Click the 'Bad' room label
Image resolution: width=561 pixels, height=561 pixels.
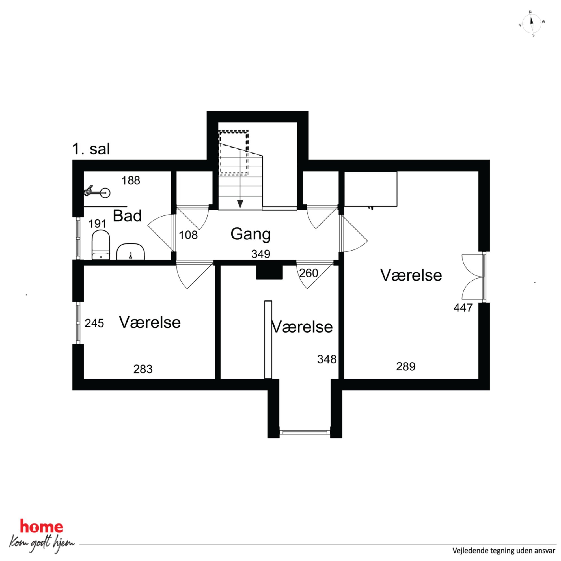(127, 216)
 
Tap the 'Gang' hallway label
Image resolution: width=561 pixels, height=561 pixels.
(251, 234)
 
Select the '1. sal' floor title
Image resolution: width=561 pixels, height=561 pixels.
(91, 149)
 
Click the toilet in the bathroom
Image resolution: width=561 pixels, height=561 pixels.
(101, 245)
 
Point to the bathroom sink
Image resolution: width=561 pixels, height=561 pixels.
(131, 251)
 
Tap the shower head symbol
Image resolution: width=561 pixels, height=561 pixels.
(97, 192)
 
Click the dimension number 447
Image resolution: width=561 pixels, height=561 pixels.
(463, 308)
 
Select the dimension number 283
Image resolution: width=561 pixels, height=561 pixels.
(143, 369)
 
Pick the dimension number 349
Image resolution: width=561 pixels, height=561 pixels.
(261, 254)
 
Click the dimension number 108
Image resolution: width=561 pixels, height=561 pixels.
(188, 235)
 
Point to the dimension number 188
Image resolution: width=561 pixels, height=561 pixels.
(131, 181)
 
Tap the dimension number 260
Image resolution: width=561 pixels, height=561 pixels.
(308, 273)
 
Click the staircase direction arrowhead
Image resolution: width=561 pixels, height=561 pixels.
(240, 204)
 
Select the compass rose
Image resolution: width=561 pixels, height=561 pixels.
(532, 23)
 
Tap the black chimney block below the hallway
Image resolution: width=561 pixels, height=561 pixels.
(269, 272)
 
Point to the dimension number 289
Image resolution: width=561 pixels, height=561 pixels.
(406, 366)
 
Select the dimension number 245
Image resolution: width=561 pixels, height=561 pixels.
(94, 323)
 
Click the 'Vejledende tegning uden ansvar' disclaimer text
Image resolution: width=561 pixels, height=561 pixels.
(504, 550)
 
